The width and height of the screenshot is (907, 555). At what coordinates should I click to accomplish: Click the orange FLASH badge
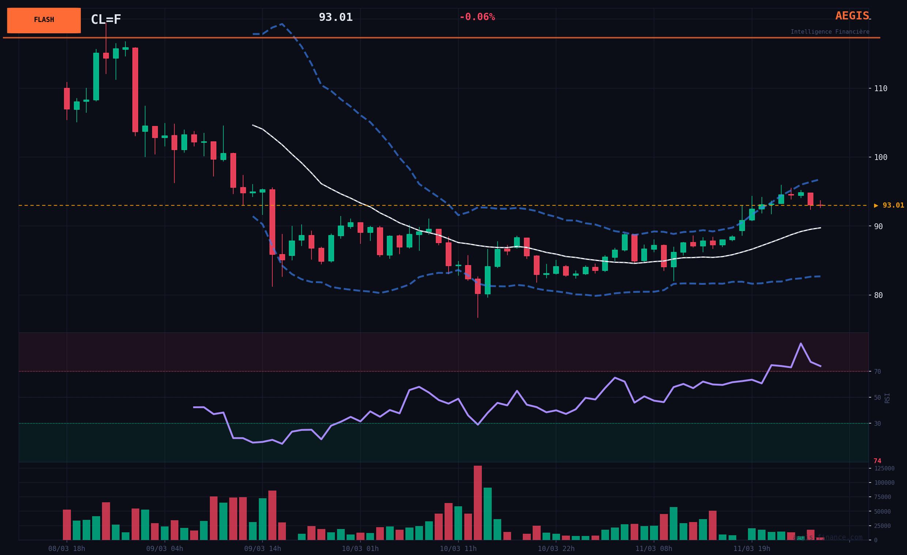tap(44, 20)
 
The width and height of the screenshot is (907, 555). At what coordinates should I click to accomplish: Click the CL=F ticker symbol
tap(106, 19)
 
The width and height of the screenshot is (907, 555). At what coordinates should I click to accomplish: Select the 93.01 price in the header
tap(335, 17)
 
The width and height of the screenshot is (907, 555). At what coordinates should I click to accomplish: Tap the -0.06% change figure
tap(477, 17)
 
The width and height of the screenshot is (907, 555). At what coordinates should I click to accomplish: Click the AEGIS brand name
tap(852, 16)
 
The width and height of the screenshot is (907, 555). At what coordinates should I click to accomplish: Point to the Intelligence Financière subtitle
tap(830, 32)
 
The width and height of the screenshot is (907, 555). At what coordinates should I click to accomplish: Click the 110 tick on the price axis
tap(881, 89)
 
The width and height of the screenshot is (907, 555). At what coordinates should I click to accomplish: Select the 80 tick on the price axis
tap(878, 295)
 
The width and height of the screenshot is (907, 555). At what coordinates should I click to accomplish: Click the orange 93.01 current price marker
tap(889, 205)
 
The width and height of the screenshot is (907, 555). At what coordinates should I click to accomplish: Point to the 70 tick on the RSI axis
tap(877, 372)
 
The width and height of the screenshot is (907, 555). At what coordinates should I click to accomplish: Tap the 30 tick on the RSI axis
tap(877, 424)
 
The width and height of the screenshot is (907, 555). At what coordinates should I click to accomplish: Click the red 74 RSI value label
tap(877, 461)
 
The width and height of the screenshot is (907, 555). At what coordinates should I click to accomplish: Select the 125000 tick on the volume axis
tap(884, 468)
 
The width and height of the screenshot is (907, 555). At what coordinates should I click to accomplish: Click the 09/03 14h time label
tap(262, 549)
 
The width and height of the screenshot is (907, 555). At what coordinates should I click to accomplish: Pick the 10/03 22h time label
tap(556, 549)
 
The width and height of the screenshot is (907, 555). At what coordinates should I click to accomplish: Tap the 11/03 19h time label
tap(752, 549)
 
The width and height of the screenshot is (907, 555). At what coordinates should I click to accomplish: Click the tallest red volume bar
tap(478, 503)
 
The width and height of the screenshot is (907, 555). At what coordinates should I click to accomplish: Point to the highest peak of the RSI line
tap(801, 343)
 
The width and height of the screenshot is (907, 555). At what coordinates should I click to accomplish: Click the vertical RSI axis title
tap(887, 398)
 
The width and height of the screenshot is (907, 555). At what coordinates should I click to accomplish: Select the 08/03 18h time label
tap(67, 549)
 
